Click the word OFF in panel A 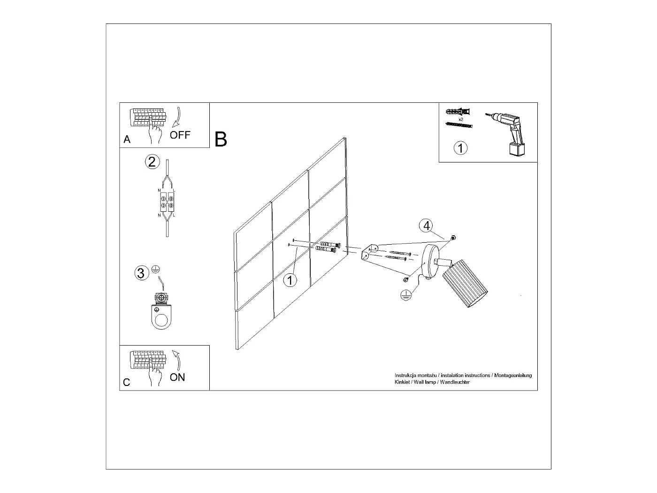180,135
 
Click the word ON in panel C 177,377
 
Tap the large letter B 221,139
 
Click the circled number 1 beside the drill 461,148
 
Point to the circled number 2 152,162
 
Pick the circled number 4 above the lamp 426,226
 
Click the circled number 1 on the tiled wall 290,280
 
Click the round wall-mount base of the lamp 428,262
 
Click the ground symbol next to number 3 156,270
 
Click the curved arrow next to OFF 177,117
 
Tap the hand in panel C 154,376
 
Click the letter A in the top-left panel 127,139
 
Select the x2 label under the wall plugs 461,120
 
